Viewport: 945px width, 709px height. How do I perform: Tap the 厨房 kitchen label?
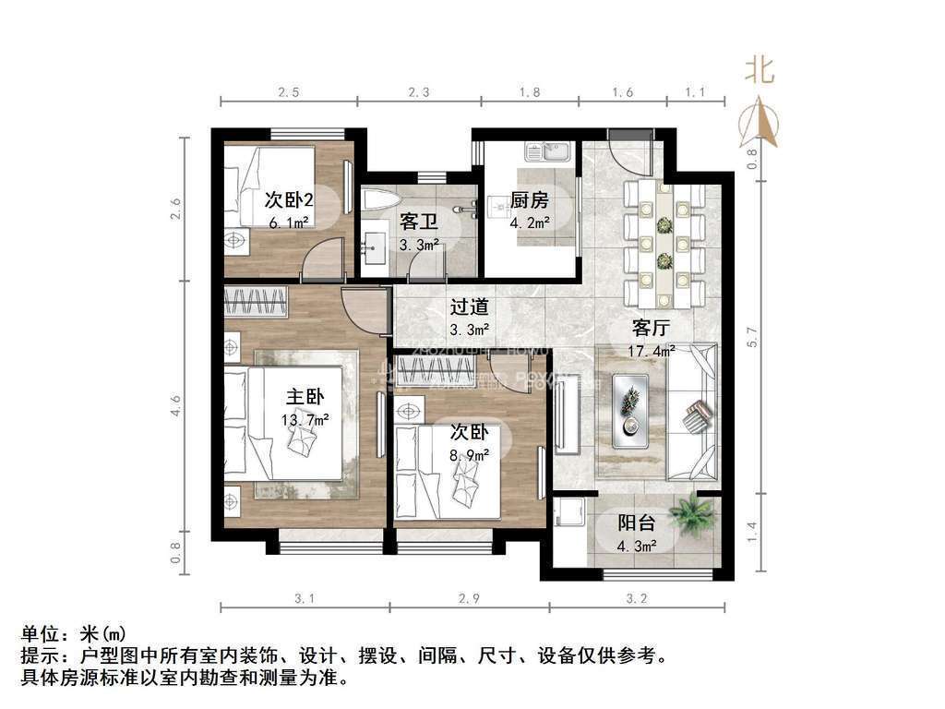coord(530,200)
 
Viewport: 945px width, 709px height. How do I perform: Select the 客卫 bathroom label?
coord(419,222)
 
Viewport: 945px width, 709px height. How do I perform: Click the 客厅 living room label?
coord(651,328)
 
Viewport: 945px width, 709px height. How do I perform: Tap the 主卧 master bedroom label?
coord(305,398)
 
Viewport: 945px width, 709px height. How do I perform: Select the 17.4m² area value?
coord(652,351)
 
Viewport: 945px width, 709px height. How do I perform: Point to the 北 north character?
coord(760,70)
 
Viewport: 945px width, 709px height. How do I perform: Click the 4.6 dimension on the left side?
coord(176,406)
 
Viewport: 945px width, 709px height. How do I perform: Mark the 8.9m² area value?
coord(469,454)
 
